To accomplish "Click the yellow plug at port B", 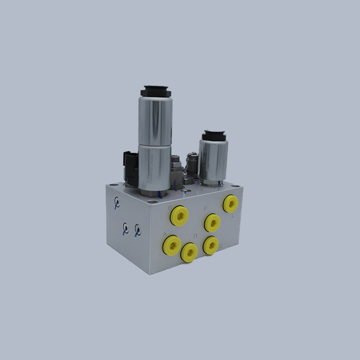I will pos(179,216).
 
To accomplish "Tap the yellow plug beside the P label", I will pos(212,222).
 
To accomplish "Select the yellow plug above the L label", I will pos(230,204).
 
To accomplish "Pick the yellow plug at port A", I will pos(172,245).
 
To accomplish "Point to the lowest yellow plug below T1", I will pos(189,252).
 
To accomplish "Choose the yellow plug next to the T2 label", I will pos(211,245).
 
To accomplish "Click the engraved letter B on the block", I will pos(170,208).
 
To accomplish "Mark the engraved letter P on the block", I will pos(205,209).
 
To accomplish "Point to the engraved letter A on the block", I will pos(165,234).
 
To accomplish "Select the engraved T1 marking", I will pos(195,236).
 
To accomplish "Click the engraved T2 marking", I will pos(220,247).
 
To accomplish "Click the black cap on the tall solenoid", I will pos(155,91).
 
